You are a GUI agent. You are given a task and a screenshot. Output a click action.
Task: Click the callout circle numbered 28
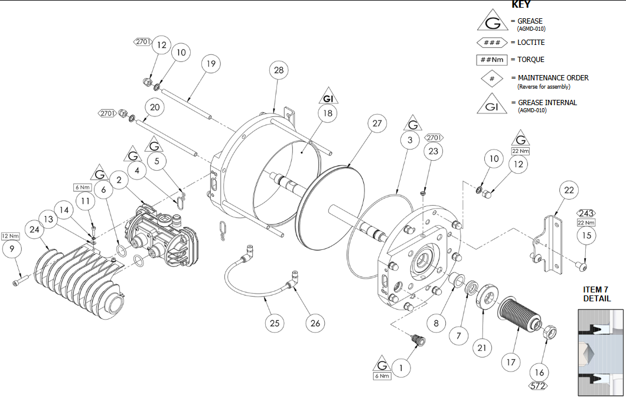click(279, 70)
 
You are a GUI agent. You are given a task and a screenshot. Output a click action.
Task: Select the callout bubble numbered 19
click(210, 64)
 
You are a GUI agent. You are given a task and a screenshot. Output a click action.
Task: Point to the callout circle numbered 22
click(569, 190)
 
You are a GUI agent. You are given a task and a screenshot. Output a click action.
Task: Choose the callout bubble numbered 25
click(274, 323)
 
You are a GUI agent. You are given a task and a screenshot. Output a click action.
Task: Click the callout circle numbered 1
click(401, 368)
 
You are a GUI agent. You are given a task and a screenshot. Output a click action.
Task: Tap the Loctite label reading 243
click(586, 213)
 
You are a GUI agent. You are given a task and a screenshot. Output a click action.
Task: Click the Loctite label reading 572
click(539, 386)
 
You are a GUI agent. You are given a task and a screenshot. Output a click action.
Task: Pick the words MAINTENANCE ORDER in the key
click(553, 78)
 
